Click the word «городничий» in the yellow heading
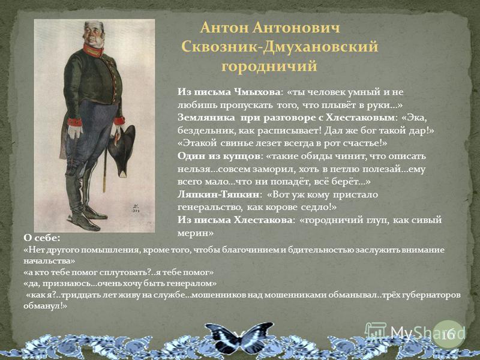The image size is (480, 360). coord(269,67)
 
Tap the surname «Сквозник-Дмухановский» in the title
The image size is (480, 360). coord(280,47)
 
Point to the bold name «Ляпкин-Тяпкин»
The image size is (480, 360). coord(218,194)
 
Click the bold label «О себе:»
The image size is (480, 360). coord(41,238)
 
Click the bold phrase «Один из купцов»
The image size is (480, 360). coord(218,156)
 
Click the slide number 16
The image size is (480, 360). coord(448,335)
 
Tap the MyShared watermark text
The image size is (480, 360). coord(427,333)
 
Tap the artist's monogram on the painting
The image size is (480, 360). coord(135,208)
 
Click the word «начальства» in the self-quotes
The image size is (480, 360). coord(49,261)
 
